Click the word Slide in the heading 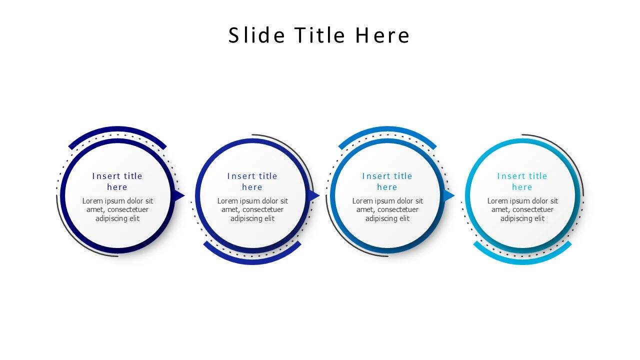(x=256, y=35)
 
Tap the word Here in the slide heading (x=382, y=35)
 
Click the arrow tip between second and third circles (x=314, y=195)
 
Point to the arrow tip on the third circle (x=449, y=195)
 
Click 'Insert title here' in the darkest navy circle (x=117, y=181)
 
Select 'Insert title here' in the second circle (x=252, y=181)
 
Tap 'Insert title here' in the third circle (x=387, y=181)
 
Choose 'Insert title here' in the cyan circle (x=522, y=181)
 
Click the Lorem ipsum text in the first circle (x=117, y=209)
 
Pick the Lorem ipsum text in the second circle (x=252, y=209)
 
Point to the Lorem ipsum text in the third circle (x=387, y=209)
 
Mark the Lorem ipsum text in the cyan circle (x=522, y=209)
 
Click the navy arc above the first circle (x=117, y=129)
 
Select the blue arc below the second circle (x=252, y=260)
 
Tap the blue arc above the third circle (x=387, y=129)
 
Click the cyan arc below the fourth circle (x=522, y=260)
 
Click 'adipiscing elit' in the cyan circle (x=522, y=218)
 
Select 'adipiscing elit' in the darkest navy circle (x=117, y=218)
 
